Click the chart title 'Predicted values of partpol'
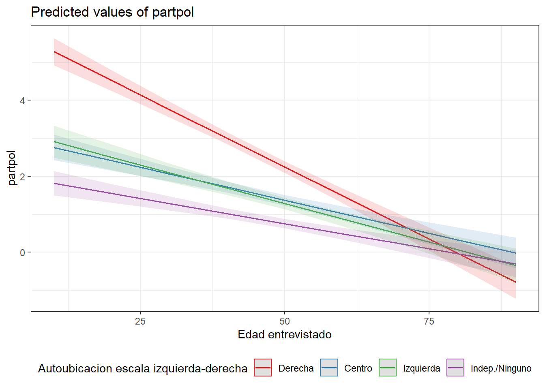[112, 12]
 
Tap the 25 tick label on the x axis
[140, 321]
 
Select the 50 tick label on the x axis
[285, 321]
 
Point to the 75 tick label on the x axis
[429, 321]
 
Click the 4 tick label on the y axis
[22, 100]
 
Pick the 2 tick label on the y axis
[22, 177]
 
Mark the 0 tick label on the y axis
[22, 252]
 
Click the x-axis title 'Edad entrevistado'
[285, 335]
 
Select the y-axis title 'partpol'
[12, 168]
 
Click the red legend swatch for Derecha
[263, 368]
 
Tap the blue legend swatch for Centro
[329, 368]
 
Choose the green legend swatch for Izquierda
[388, 368]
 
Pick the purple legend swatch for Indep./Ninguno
[455, 368]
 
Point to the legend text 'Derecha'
[296, 368]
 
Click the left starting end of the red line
[54, 52]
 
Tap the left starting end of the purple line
[54, 183]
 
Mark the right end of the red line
[515, 282]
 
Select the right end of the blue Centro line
[515, 253]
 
